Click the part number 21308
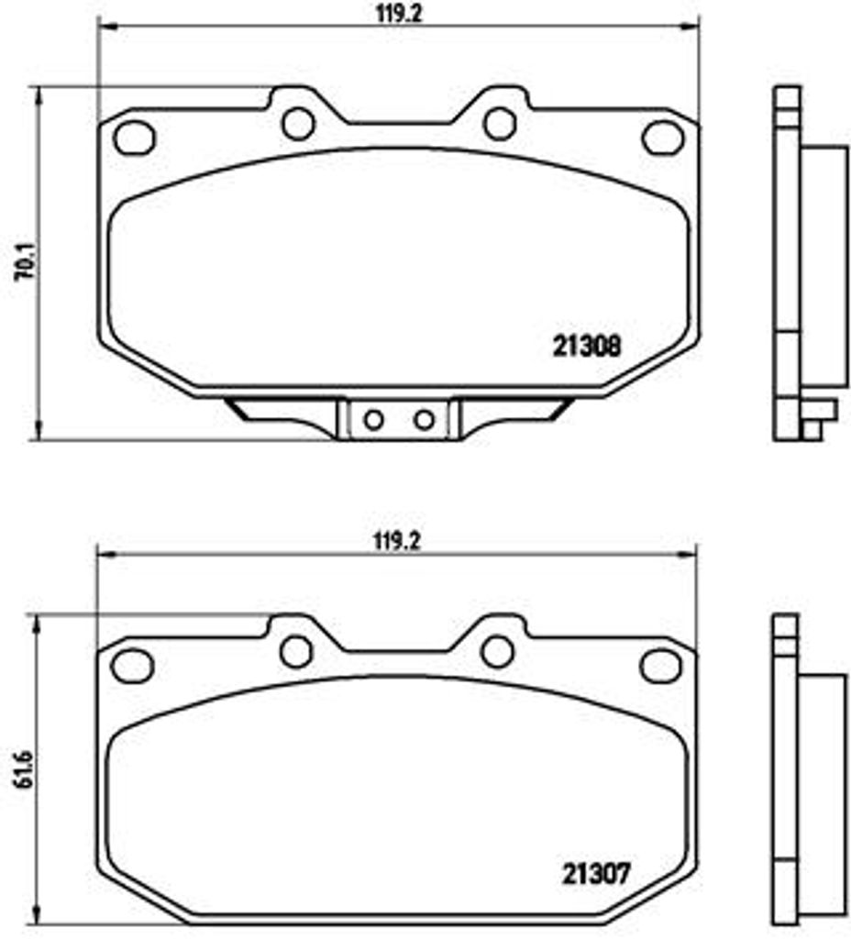pyautogui.click(x=587, y=346)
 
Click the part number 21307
pyautogui.click(x=596, y=874)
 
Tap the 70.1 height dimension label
pyautogui.click(x=27, y=261)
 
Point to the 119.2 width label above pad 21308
pyautogui.click(x=399, y=15)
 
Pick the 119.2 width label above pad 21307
pyautogui.click(x=397, y=541)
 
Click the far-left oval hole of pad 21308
pyautogui.click(x=134, y=138)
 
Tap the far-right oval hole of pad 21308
pyautogui.click(x=663, y=138)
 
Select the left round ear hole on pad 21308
pyautogui.click(x=298, y=124)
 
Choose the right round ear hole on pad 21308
pyautogui.click(x=500, y=124)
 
